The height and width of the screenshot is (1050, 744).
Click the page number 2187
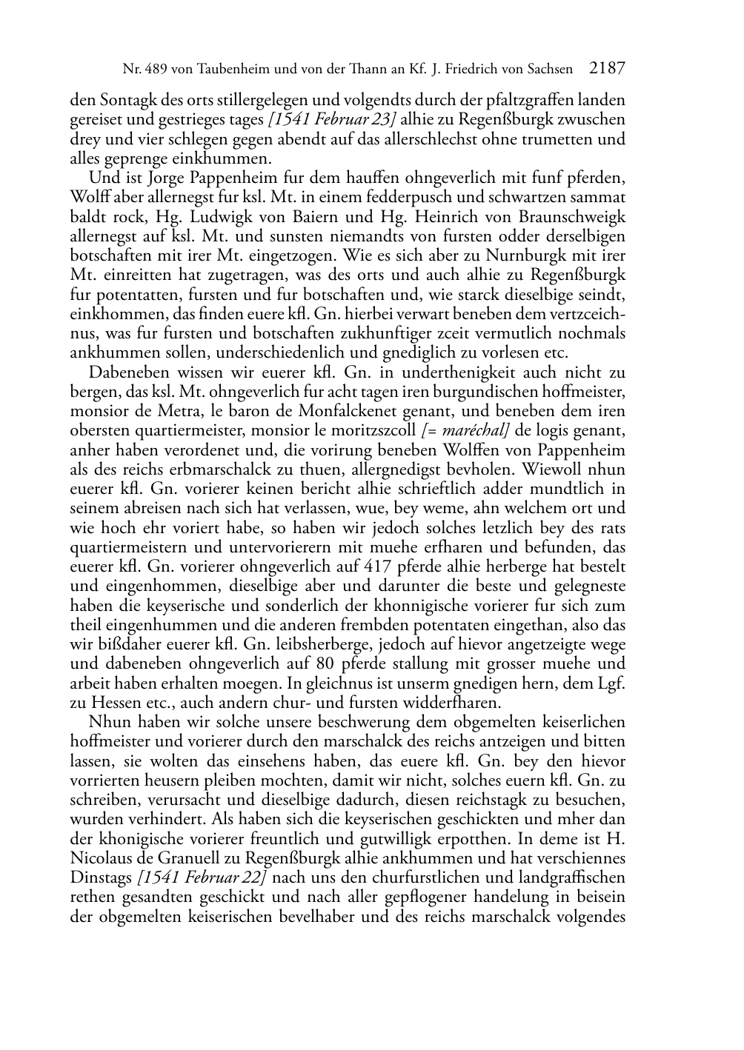(608, 69)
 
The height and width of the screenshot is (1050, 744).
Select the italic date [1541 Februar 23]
(333, 119)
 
